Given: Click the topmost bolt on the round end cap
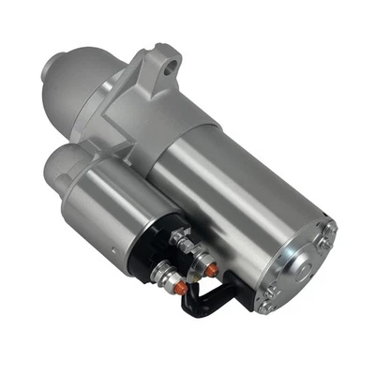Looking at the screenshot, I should click(329, 227).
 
